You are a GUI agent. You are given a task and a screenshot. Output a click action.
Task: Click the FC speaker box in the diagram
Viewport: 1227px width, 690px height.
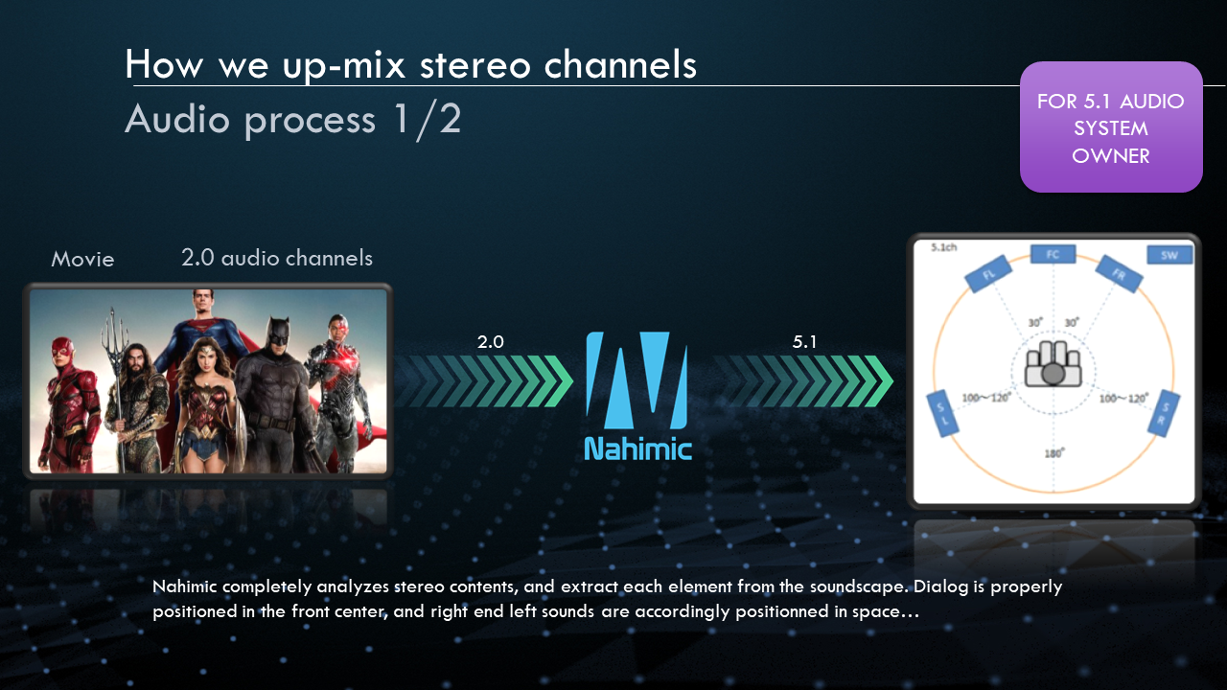(x=1053, y=254)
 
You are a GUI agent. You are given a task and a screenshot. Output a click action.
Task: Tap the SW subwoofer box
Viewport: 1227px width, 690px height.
(x=1169, y=255)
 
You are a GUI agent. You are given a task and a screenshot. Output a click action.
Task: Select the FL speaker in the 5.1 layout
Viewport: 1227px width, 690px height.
(x=988, y=274)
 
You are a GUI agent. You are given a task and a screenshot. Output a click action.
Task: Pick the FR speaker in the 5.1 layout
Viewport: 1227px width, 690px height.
(x=1119, y=274)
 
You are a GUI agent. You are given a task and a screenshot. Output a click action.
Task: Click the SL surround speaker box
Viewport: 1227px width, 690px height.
(x=942, y=413)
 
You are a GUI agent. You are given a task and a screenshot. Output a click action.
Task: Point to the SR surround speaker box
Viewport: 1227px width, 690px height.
(x=1164, y=413)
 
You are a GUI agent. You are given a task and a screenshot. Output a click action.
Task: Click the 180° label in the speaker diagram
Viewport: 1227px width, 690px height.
(x=1053, y=453)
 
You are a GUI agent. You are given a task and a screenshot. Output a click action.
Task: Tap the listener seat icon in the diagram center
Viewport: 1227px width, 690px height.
(x=1053, y=364)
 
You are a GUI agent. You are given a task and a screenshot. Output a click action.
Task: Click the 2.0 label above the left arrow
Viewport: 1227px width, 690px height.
(x=490, y=342)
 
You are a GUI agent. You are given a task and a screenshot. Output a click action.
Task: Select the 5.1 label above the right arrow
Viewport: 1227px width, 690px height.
(x=804, y=342)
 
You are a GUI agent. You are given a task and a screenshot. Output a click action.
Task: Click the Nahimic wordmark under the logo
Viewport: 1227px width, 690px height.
(x=638, y=449)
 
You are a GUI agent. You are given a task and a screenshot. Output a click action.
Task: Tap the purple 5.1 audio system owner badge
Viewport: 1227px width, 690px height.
(x=1111, y=127)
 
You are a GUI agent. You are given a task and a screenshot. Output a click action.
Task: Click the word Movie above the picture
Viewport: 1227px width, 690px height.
(x=82, y=259)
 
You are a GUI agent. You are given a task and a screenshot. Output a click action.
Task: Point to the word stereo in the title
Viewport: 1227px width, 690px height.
(x=475, y=64)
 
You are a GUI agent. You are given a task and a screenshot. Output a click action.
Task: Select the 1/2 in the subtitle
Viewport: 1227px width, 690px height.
(x=428, y=120)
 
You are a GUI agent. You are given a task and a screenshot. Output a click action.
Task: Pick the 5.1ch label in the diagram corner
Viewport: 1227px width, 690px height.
(x=944, y=247)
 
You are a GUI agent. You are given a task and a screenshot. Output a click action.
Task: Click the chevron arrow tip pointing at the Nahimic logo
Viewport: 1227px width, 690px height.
(x=572, y=380)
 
